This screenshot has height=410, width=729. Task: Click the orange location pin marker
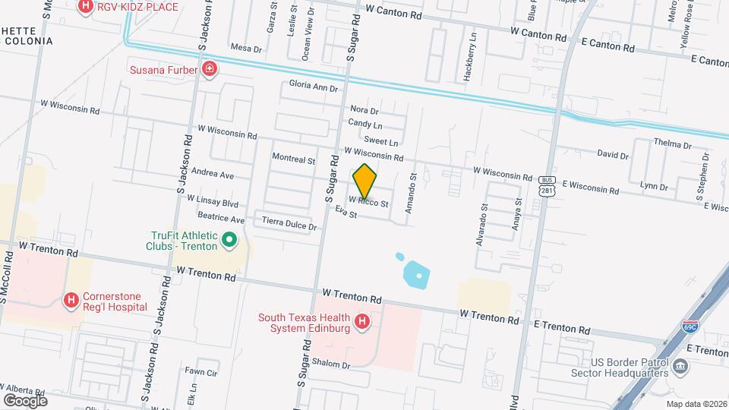pyautogui.click(x=365, y=181)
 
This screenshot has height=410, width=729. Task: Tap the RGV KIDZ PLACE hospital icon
pyautogui.click(x=86, y=8)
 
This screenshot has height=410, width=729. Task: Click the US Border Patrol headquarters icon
pyautogui.click(x=680, y=367)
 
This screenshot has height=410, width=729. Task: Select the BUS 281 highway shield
pyautogui.click(x=547, y=186)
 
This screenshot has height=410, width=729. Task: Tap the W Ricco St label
pyautogui.click(x=368, y=203)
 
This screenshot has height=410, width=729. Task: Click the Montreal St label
pyautogui.click(x=293, y=160)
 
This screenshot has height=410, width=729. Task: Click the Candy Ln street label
pyautogui.click(x=365, y=123)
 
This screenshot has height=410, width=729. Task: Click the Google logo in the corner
pyautogui.click(x=25, y=400)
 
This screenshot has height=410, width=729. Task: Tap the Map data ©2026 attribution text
pyautogui.click(x=696, y=404)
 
